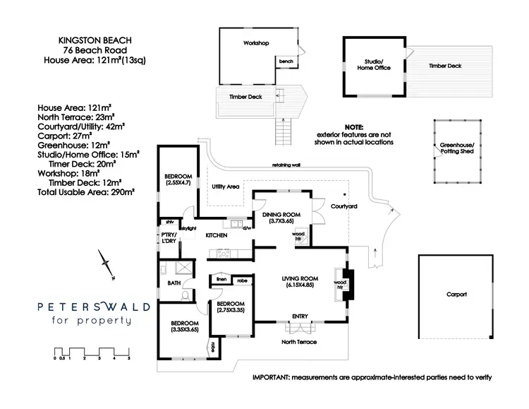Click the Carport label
[456, 294]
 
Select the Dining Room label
[281, 214]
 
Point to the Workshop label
[257, 44]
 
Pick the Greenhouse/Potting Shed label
[457, 148]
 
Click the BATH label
[174, 283]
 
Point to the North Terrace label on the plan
[299, 342]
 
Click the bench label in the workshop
[286, 61]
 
